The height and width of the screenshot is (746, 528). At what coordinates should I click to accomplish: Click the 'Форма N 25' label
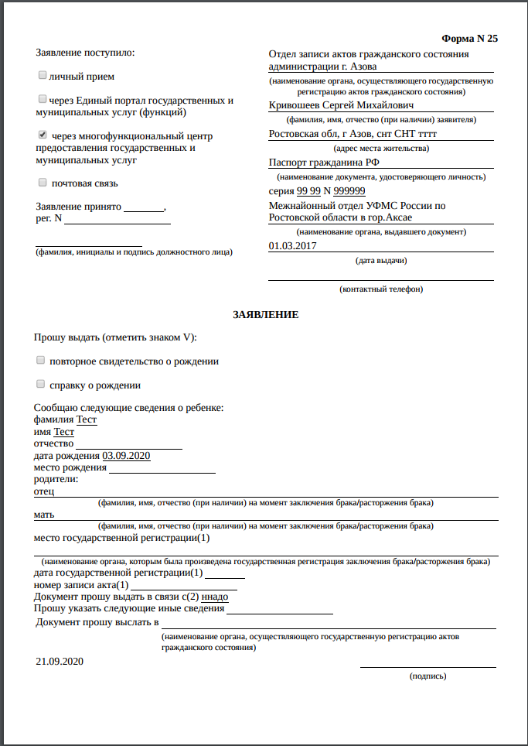click(469, 39)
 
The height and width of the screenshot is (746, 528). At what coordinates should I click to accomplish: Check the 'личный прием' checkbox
click(42, 76)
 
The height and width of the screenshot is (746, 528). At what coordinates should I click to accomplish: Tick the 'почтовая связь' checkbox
click(42, 183)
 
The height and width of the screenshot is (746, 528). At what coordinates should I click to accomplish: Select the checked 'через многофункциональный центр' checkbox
click(42, 135)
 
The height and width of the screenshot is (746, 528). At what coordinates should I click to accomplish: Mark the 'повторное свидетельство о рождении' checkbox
click(40, 361)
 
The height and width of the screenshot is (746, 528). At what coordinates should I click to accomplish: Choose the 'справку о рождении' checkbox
click(40, 384)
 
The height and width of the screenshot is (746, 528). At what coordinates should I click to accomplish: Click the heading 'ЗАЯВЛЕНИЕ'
click(265, 315)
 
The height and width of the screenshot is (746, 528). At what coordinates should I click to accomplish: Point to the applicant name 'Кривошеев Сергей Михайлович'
click(341, 104)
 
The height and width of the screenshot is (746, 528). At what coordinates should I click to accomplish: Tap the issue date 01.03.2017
click(292, 246)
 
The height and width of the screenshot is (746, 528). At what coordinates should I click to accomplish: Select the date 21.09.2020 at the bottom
click(60, 662)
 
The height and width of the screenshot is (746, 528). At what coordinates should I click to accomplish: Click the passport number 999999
click(349, 191)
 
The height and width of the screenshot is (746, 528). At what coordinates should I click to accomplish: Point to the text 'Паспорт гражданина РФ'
click(323, 163)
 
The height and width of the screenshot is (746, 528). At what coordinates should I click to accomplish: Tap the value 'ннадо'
click(214, 597)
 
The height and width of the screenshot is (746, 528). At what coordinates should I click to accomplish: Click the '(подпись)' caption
click(428, 676)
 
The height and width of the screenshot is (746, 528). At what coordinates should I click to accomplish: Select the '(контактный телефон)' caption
click(380, 289)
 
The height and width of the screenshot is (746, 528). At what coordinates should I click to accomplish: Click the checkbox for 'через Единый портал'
click(42, 99)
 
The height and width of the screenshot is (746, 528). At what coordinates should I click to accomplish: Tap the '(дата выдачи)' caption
click(381, 260)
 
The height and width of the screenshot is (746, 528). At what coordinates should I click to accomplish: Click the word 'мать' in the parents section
click(44, 514)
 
